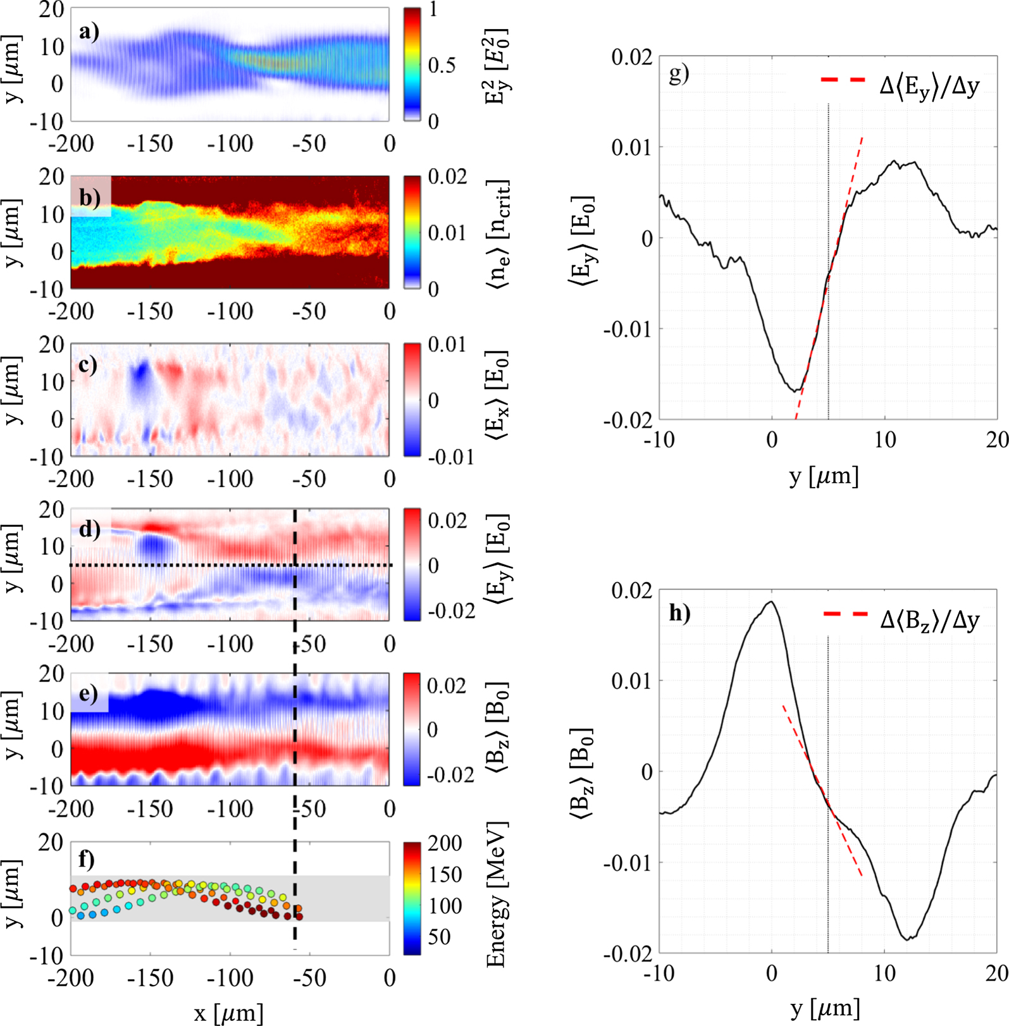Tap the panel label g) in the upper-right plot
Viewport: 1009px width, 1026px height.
tap(679, 73)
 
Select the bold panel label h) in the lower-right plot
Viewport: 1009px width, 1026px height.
tap(680, 612)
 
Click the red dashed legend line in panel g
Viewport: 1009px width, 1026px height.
tap(843, 80)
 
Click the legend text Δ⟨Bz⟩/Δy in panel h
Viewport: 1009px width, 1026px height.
tap(929, 620)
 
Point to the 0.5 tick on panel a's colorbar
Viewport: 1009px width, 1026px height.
tap(441, 65)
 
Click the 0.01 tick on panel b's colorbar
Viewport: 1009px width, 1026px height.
tap(447, 233)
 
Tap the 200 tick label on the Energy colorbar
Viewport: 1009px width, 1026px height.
tap(445, 843)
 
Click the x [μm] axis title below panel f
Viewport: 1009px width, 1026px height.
tap(228, 1013)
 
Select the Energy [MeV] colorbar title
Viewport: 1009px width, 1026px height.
tap(497, 894)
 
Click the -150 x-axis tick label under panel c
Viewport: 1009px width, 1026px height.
tap(150, 479)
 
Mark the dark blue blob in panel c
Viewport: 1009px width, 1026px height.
tap(140, 378)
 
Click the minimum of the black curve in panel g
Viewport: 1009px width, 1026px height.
tap(796, 390)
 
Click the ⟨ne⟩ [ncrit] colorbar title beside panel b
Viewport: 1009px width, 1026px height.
tap(498, 234)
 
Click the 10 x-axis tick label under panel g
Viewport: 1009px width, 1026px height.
tap(884, 440)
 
